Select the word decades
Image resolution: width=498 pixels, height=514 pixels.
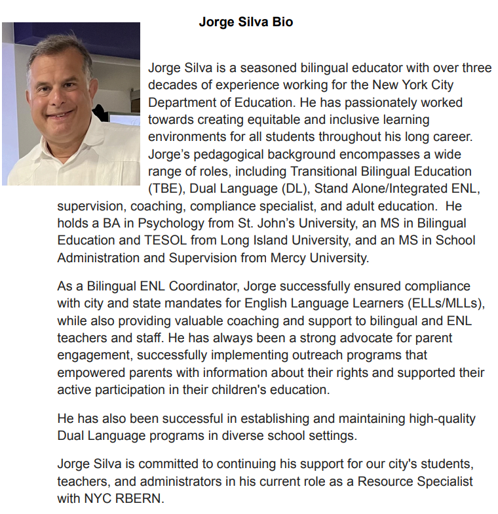click(169, 85)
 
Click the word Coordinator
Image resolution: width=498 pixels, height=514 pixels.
click(190, 287)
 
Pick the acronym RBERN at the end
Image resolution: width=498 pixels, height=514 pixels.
click(136, 498)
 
